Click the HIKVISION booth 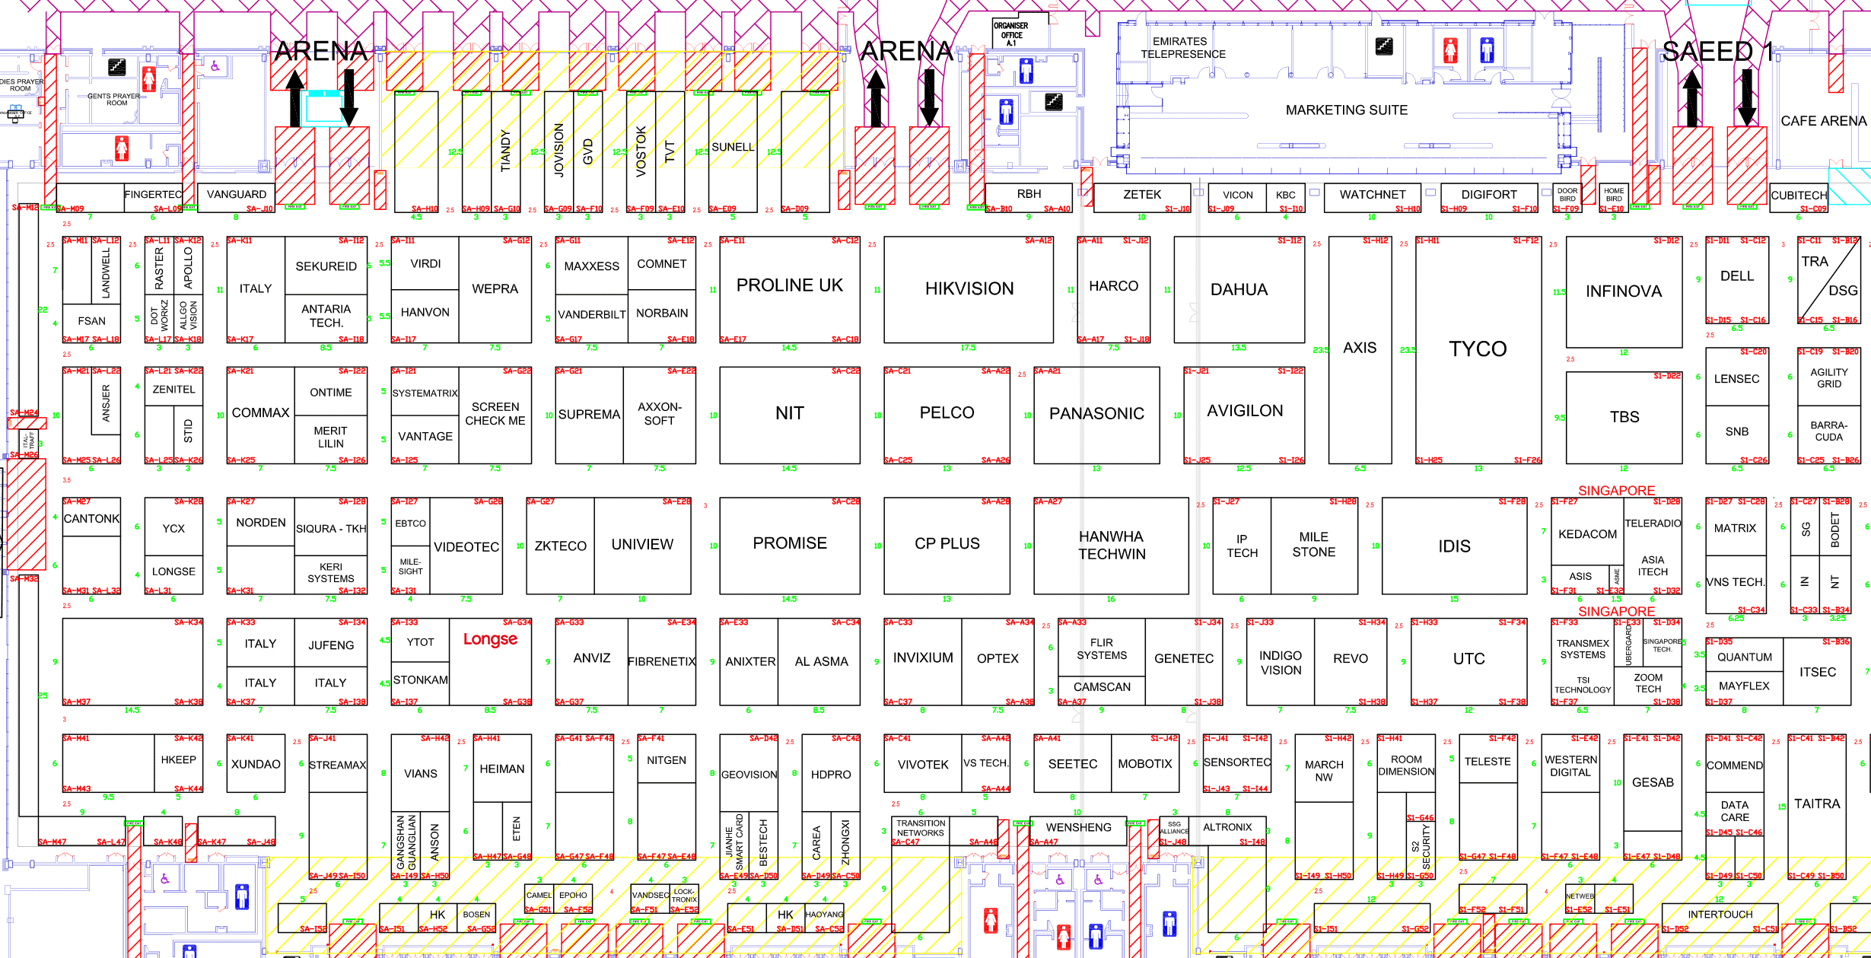pos(969,289)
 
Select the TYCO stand pos(1478,349)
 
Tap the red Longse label pos(490,639)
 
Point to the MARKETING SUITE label pos(1346,110)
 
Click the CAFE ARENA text pos(1823,121)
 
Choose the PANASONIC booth pos(1096,414)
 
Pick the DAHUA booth pos(1239,290)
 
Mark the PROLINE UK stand pos(789,285)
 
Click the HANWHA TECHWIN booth pos(1111,545)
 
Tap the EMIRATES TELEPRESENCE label pos(1182,48)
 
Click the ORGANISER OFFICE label pos(1011,34)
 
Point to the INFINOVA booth pos(1623,291)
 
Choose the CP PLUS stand pos(947,544)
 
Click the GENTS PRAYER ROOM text pos(114,99)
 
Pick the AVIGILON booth pos(1244,411)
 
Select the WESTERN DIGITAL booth pos(1570,766)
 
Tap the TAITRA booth pos(1817,804)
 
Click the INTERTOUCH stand pos(1720,915)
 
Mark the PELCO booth pos(947,413)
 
